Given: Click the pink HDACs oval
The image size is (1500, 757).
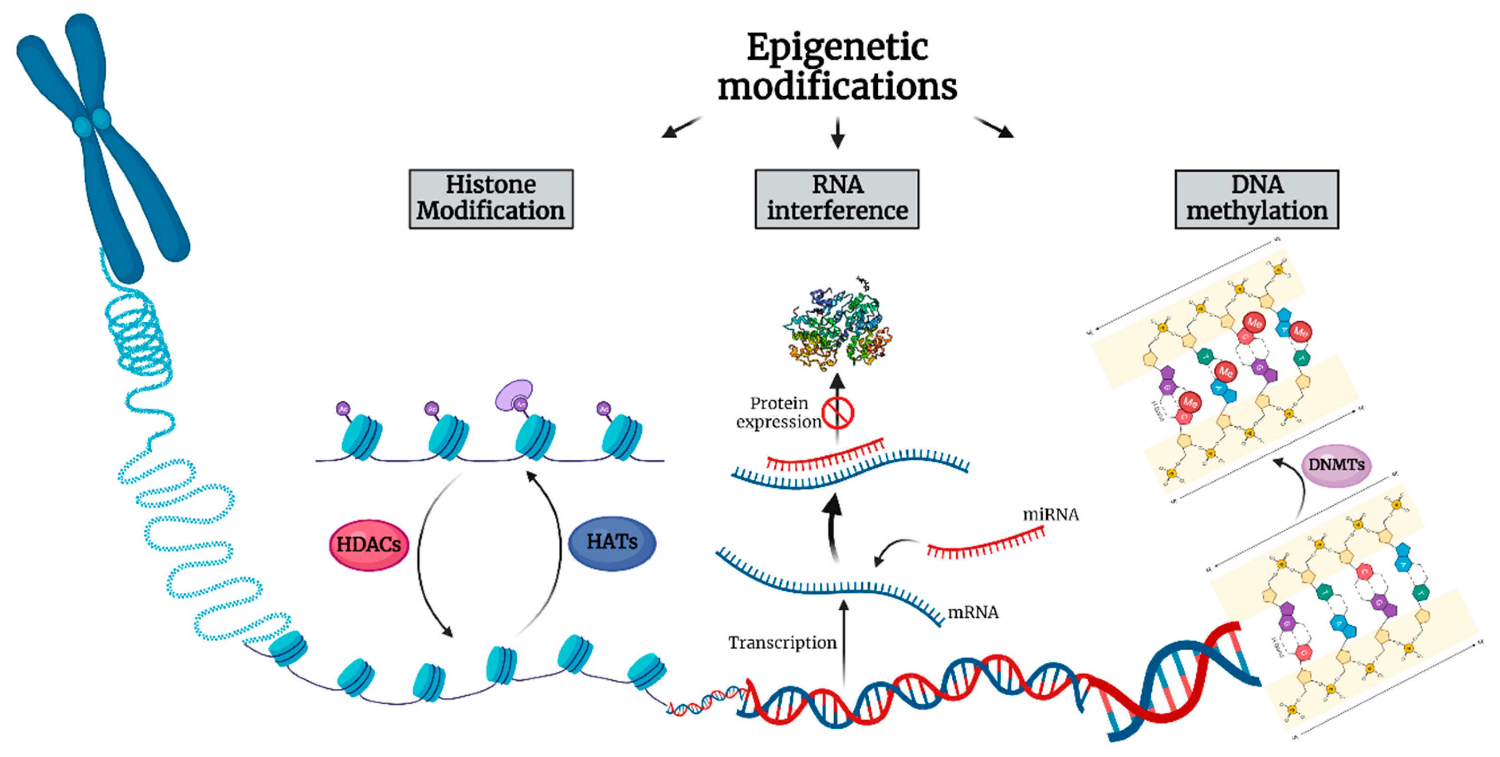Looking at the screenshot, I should (369, 544).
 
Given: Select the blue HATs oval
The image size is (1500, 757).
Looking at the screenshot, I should (612, 542).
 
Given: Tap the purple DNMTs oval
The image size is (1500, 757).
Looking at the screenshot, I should (1336, 465).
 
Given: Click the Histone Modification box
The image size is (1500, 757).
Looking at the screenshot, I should (491, 199).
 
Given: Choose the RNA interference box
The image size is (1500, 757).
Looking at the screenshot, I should (837, 199).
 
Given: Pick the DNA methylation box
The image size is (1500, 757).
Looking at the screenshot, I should (1257, 199).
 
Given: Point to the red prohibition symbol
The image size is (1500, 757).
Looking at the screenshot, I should (837, 413).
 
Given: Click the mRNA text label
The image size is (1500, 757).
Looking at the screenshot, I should (973, 612).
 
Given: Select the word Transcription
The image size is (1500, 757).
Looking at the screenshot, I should (782, 643).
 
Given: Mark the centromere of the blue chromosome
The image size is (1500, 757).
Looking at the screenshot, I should (91, 122).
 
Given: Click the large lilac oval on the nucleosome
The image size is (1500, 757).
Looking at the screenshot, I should (514, 394).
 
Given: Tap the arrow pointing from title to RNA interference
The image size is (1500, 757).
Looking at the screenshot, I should (837, 133).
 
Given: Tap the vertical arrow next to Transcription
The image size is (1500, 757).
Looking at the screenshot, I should (844, 641).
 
